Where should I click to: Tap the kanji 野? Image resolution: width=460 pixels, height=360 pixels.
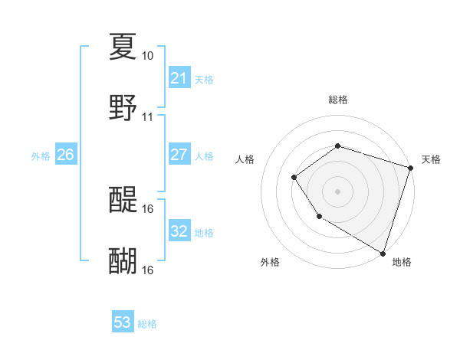(x=123, y=108)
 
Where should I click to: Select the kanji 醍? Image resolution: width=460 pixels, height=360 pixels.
(x=123, y=200)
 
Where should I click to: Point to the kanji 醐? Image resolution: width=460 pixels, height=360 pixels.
(x=123, y=261)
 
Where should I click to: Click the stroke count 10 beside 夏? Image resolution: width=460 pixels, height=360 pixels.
(x=147, y=56)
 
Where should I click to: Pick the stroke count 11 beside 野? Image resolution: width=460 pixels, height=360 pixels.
(x=147, y=117)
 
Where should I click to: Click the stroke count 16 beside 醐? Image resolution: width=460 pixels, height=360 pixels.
(x=147, y=270)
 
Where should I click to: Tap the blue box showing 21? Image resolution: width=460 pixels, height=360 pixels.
(x=179, y=78)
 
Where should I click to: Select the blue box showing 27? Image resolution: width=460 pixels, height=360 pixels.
(x=179, y=155)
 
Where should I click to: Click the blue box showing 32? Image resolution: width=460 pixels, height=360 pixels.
(x=179, y=231)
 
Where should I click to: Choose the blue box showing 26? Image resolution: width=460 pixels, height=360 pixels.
(x=66, y=155)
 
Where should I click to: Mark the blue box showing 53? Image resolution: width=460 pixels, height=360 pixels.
(x=123, y=322)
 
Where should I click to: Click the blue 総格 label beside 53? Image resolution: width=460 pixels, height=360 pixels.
(x=147, y=324)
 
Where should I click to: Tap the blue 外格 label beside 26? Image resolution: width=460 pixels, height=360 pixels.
(x=41, y=156)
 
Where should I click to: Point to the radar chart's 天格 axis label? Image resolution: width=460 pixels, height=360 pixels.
(x=432, y=159)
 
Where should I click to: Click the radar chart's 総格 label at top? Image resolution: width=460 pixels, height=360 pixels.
(x=337, y=100)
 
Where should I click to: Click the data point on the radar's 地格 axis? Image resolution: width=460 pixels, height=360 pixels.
(x=382, y=252)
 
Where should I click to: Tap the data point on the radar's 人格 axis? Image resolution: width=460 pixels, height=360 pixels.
(x=294, y=178)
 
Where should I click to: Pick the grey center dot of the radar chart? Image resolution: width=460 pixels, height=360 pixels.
(x=337, y=191)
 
